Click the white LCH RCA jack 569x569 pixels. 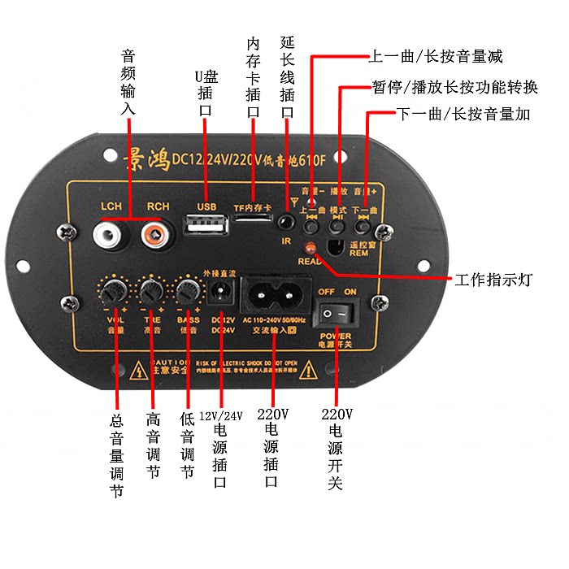tap(110, 237)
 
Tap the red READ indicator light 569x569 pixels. tap(310, 247)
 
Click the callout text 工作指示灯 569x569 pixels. tap(493, 280)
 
